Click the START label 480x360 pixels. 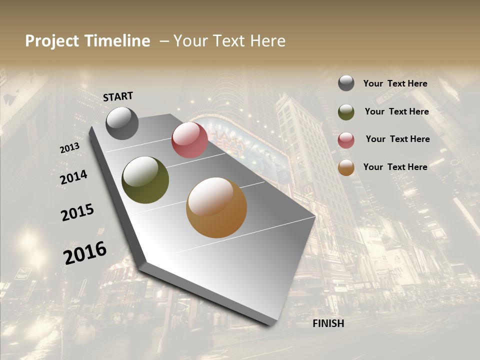(x=118, y=96)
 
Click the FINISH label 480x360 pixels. (x=328, y=323)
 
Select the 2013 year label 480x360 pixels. (x=69, y=148)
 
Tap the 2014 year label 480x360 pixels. (x=73, y=177)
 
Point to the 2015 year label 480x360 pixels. (x=77, y=212)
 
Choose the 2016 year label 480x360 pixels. (x=85, y=252)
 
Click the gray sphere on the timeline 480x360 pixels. (x=122, y=123)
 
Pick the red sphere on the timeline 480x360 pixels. (x=189, y=140)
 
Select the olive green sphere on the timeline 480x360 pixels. (x=145, y=180)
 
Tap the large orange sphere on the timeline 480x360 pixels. (x=216, y=207)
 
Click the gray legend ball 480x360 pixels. (x=346, y=83)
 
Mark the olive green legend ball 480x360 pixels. (x=346, y=111)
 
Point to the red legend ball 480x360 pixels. (x=346, y=140)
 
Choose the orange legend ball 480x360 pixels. (x=346, y=167)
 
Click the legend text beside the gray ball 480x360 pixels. (x=395, y=83)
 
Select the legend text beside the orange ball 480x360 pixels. (x=395, y=167)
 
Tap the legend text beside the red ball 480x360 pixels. (x=397, y=139)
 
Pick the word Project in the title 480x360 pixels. (x=52, y=41)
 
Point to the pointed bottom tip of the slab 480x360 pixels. (x=270, y=324)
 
